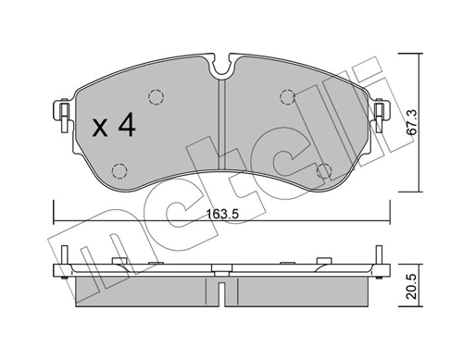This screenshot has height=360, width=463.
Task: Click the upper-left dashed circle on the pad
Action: [156, 95]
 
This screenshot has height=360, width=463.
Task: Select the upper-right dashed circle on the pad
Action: [287, 95]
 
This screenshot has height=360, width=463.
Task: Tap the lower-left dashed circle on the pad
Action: [119, 170]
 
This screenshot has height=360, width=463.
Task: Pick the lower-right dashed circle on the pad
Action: [324, 170]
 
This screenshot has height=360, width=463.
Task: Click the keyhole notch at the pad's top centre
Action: [221, 68]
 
